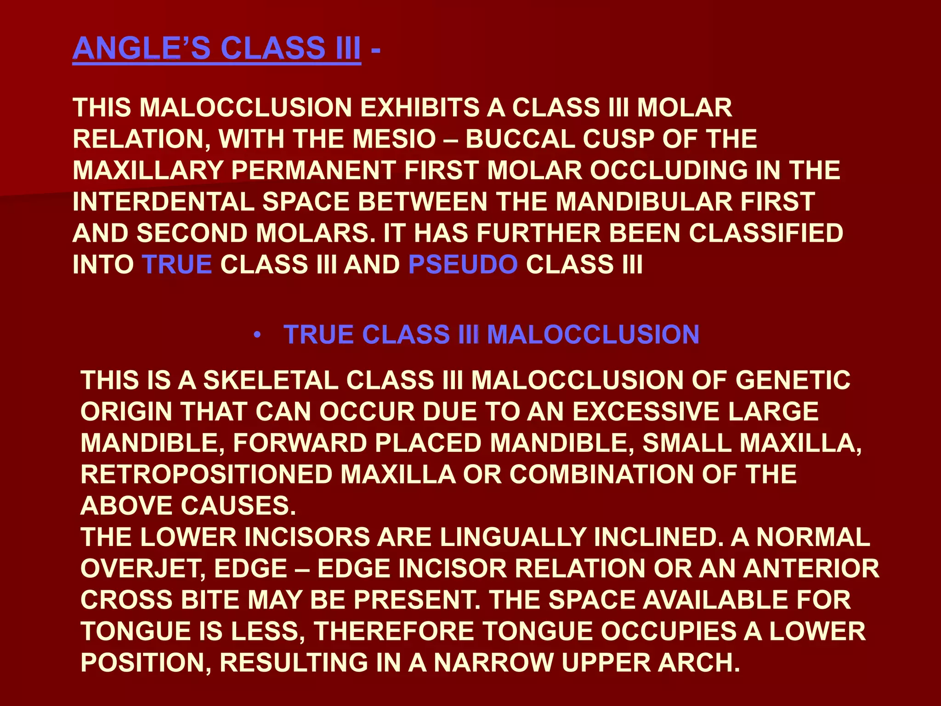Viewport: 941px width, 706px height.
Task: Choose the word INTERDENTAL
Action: click(164, 202)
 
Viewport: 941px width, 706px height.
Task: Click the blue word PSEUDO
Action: click(463, 265)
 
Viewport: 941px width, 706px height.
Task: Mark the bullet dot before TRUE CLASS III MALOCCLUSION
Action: click(258, 335)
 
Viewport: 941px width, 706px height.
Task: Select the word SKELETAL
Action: click(271, 381)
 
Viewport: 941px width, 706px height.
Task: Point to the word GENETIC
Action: click(793, 381)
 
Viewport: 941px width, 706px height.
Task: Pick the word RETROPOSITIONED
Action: click(206, 474)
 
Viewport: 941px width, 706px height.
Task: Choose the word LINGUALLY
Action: click(513, 537)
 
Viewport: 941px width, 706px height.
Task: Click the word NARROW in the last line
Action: click(493, 662)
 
